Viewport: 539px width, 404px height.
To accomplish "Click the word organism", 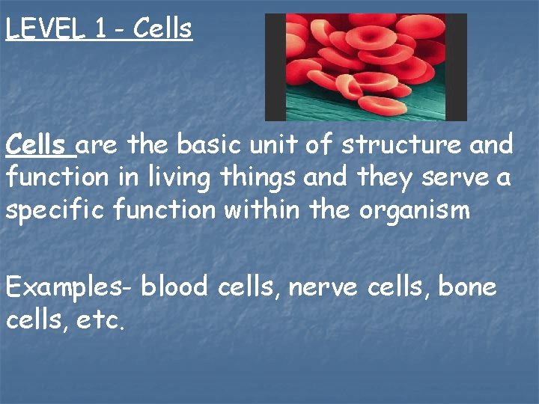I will click(415, 211).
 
